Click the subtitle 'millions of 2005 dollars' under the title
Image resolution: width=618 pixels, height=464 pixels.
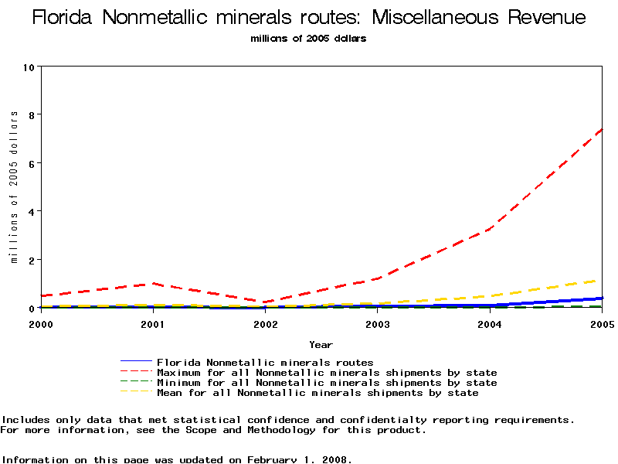309,39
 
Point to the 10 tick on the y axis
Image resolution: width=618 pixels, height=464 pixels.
30,67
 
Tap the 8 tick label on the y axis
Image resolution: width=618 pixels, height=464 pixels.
32,114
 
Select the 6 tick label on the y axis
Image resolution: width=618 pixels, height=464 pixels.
32,163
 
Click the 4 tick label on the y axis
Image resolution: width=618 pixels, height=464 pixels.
32,211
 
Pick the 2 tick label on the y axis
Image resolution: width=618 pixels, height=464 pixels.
32,260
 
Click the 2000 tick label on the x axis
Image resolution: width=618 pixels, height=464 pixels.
41,323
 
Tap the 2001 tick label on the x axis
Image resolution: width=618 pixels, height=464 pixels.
153,323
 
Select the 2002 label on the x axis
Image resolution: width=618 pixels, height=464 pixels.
265,323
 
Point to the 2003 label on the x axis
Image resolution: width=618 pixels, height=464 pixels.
377,323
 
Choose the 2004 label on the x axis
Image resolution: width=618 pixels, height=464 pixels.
489,323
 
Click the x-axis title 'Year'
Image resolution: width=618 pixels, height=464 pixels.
321,344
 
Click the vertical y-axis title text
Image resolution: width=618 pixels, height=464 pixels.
14,186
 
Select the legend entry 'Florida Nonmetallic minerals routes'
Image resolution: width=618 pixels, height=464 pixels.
265,362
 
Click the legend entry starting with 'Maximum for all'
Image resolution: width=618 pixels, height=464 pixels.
327,373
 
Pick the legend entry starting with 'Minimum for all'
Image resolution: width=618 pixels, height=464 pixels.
327,383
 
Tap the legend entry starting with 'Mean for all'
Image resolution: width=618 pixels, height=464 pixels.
317,393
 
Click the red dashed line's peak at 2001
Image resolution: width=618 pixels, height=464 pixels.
153,283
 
